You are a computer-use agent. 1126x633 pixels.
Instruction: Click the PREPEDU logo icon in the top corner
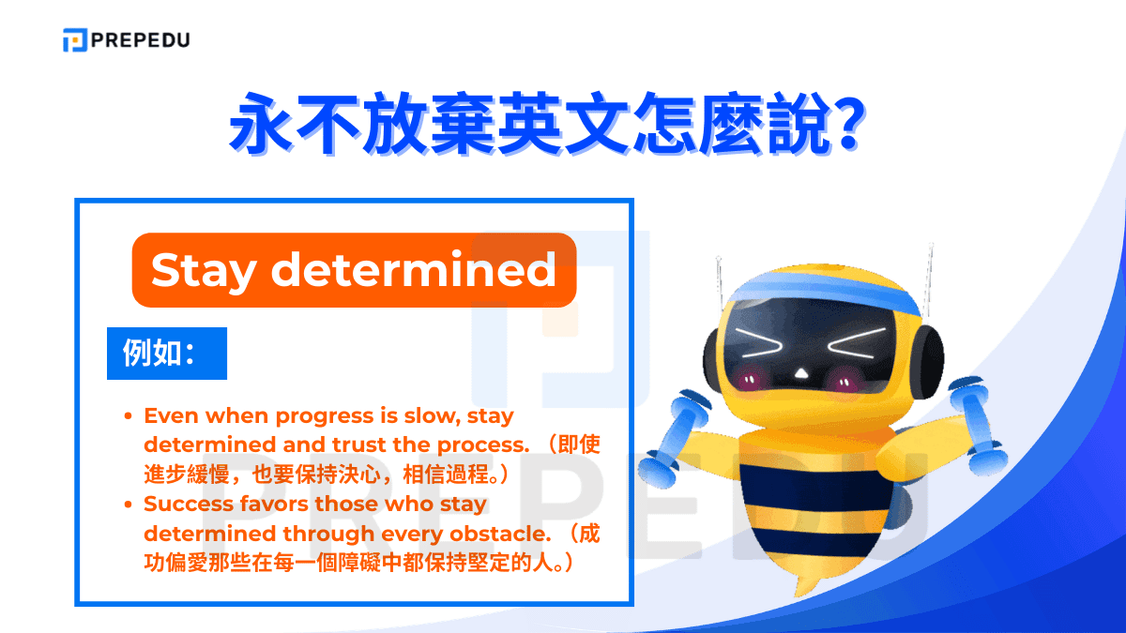[74, 40]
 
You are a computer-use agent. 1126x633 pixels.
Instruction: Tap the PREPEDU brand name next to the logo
[140, 40]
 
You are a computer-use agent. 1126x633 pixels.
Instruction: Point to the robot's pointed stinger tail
[803, 585]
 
